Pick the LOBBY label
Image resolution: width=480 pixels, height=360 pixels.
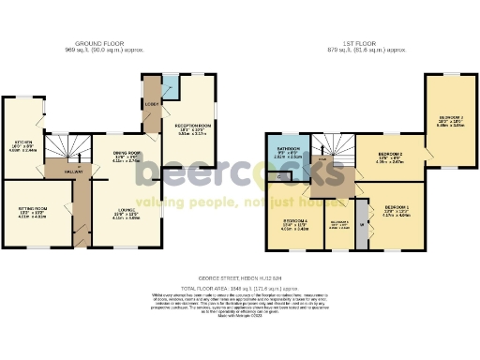(x=151, y=102)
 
